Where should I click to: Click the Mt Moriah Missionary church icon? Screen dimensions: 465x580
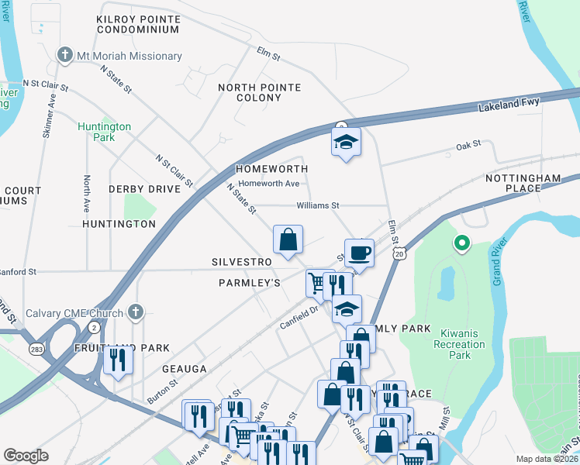coord(65,56)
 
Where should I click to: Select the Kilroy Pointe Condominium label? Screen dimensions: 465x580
coord(138,23)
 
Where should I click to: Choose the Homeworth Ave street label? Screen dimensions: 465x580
coord(269,184)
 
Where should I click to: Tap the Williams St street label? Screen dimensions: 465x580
coord(318,206)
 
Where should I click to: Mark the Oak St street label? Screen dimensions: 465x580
coord(468,145)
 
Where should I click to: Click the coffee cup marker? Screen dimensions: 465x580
coord(359,253)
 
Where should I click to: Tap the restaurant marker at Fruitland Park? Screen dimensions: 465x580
coord(118,360)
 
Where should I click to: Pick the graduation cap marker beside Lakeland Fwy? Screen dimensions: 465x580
coord(346,142)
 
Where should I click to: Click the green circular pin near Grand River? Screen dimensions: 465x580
coord(461,244)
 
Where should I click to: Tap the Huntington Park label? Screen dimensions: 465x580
coord(104,132)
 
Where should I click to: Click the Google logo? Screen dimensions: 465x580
coord(26,456)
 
